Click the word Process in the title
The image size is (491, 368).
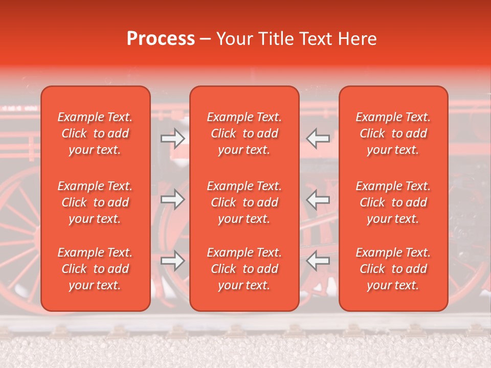pos(161,39)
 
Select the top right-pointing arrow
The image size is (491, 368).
pos(173,138)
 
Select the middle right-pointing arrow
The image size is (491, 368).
pos(173,199)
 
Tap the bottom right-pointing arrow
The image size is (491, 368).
pos(173,261)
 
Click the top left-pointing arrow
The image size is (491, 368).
pos(318,138)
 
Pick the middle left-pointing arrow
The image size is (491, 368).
pos(318,199)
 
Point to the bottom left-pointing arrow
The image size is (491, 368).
pos(318,261)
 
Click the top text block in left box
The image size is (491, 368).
pos(95,133)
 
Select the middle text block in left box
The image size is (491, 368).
pos(95,202)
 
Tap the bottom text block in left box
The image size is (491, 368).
pos(95,269)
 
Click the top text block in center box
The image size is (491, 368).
pos(244,133)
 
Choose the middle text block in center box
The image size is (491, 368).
pos(244,202)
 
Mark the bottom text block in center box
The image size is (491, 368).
pos(244,269)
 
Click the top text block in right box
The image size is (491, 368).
pos(393,133)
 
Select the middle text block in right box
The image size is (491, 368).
pos(393,202)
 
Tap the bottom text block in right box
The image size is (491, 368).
pos(393,269)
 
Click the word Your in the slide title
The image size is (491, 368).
pos(234,39)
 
